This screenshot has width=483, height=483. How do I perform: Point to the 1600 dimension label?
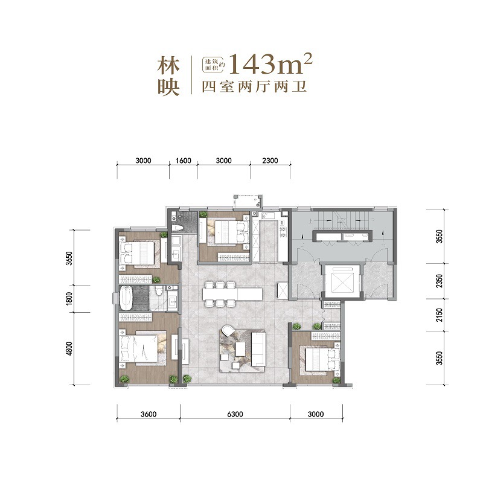coord(184,161)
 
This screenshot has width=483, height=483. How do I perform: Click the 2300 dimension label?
coord(270,161)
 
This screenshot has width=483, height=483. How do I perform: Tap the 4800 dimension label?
coord(69,349)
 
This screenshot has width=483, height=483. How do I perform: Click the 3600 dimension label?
coord(148,414)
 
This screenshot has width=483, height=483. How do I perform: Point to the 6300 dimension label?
coord(235,414)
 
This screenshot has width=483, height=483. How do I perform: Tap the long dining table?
coord(232,294)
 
